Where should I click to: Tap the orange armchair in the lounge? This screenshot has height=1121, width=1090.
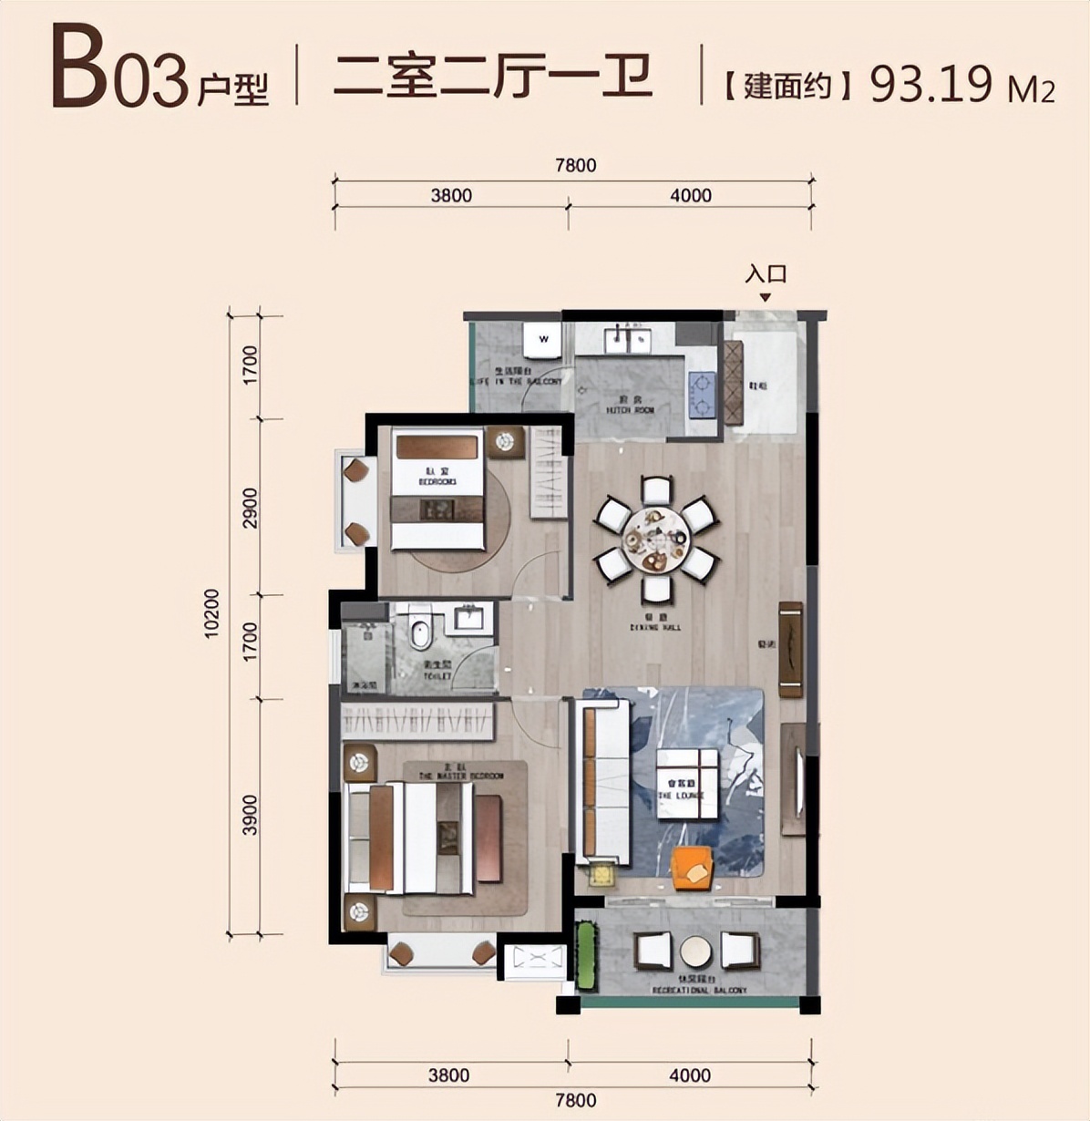click(693, 869)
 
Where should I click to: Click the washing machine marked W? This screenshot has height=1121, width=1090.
click(544, 340)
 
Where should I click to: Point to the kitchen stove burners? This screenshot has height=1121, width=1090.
click(702, 395)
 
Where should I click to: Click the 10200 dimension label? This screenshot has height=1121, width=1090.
click(212, 613)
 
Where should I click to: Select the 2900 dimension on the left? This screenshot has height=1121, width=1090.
click(251, 507)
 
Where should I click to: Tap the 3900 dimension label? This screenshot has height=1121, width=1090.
click(251, 814)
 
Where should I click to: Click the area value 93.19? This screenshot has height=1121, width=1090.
click(931, 85)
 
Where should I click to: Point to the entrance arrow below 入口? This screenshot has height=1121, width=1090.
click(766, 297)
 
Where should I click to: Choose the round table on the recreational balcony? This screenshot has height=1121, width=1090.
click(695, 951)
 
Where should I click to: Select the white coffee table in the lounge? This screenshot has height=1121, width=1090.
click(686, 784)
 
